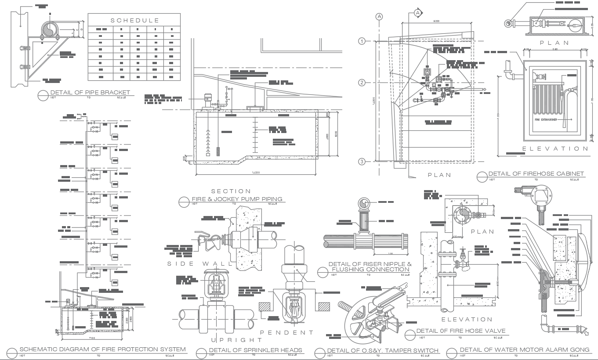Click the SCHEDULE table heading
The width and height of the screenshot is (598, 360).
[134, 21]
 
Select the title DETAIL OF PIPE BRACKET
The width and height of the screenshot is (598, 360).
[90, 93]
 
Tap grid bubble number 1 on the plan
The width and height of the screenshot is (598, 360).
[362, 41]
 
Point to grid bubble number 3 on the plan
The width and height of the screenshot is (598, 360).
[362, 162]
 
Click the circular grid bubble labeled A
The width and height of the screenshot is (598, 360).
[379, 17]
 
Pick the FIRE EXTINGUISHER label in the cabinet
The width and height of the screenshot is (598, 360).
[546, 119]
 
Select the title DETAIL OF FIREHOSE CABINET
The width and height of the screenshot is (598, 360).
[536, 174]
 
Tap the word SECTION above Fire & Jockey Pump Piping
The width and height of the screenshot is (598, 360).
[231, 191]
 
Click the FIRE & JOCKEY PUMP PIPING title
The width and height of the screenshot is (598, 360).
[237, 199]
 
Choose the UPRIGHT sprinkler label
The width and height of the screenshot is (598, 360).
[236, 340]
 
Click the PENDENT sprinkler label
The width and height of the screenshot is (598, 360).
[286, 332]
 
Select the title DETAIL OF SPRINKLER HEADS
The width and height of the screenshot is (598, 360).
[255, 350]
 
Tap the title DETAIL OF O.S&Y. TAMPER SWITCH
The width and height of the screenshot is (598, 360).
[383, 350]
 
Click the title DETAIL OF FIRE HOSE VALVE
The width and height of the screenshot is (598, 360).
[460, 331]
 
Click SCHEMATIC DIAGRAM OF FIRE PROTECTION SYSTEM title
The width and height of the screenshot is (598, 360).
[102, 349]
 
